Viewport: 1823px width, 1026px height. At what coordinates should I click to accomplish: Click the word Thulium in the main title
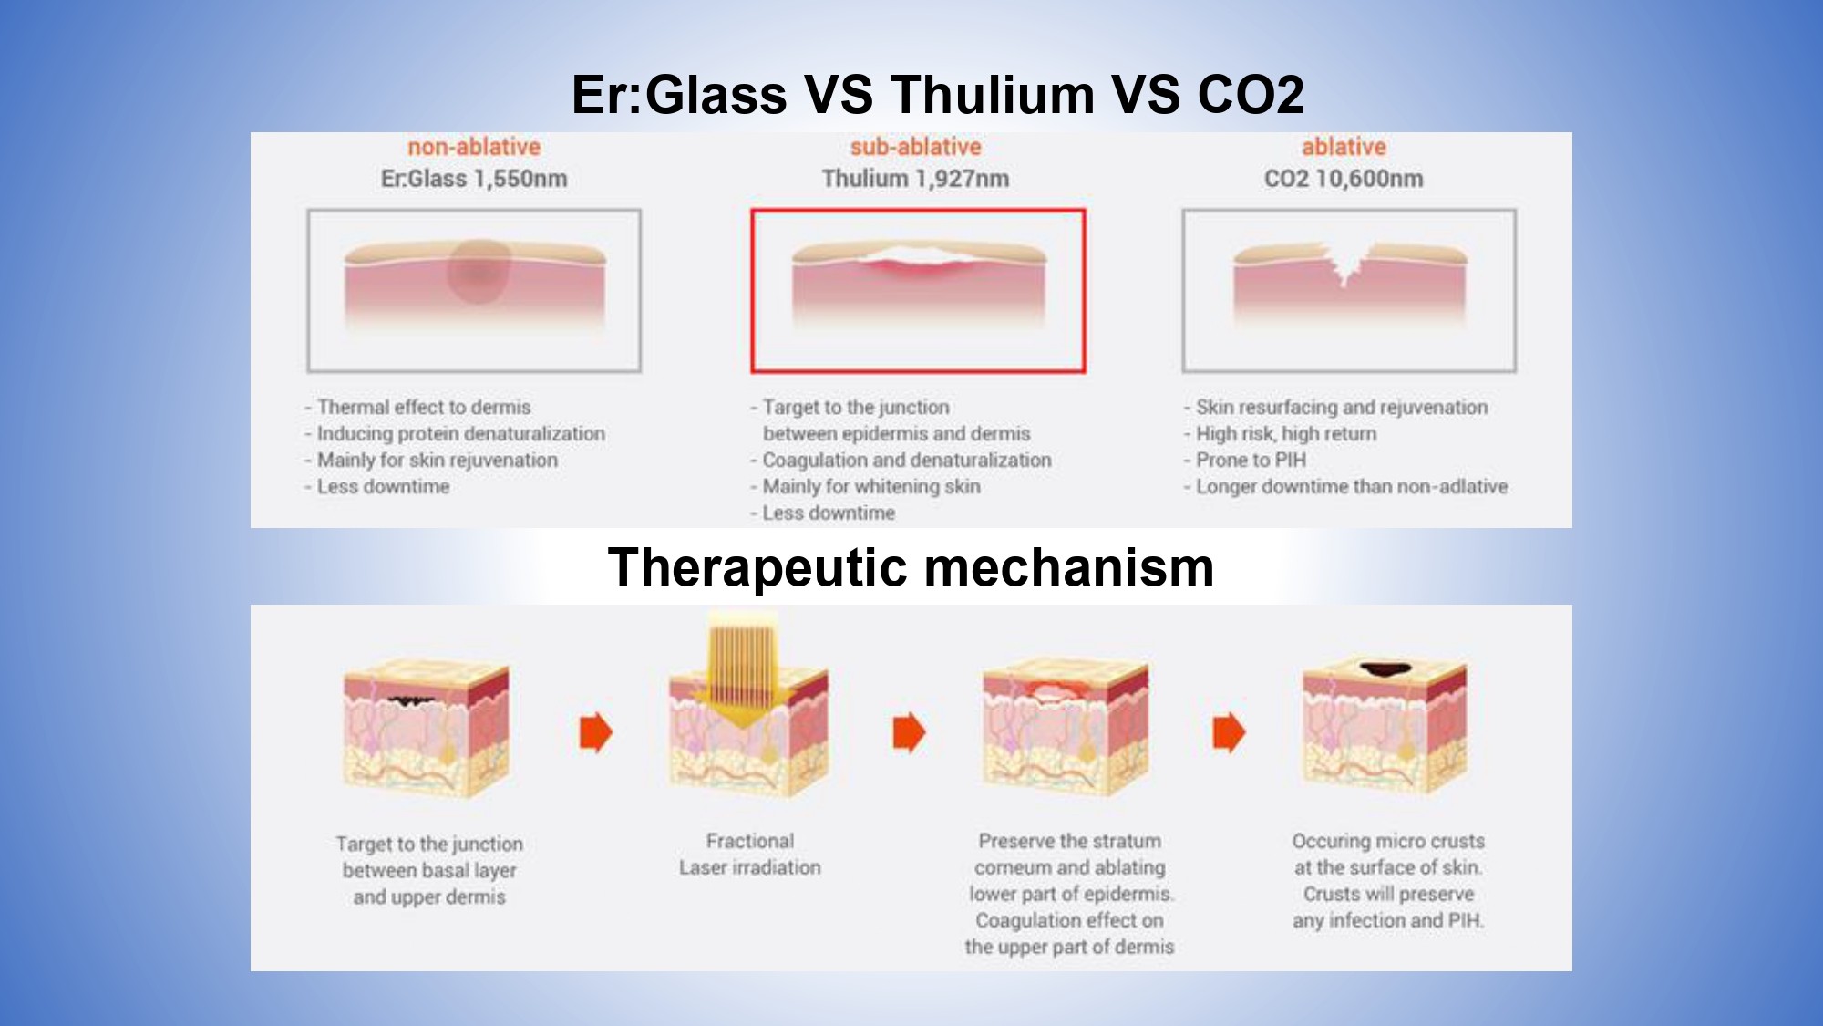[993, 94]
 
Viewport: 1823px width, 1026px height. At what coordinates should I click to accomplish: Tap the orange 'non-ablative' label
[474, 147]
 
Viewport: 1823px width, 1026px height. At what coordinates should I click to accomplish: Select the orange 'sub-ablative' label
[916, 147]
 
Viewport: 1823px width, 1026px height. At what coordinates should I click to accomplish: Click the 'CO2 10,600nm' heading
[1344, 179]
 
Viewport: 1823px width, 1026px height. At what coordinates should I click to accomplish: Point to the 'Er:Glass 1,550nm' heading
[474, 179]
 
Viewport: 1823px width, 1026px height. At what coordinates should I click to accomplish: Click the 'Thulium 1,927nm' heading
[916, 179]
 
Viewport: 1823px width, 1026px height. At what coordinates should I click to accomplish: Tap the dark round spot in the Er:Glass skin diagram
[478, 271]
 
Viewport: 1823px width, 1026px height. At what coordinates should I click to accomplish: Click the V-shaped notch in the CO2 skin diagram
[1346, 265]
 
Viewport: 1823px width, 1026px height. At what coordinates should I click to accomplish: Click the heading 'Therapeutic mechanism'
[911, 567]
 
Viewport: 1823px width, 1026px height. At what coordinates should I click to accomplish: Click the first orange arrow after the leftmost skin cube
[596, 732]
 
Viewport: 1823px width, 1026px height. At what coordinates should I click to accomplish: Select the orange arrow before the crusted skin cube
[1229, 732]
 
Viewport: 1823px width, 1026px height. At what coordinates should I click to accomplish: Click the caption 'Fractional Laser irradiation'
[750, 854]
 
